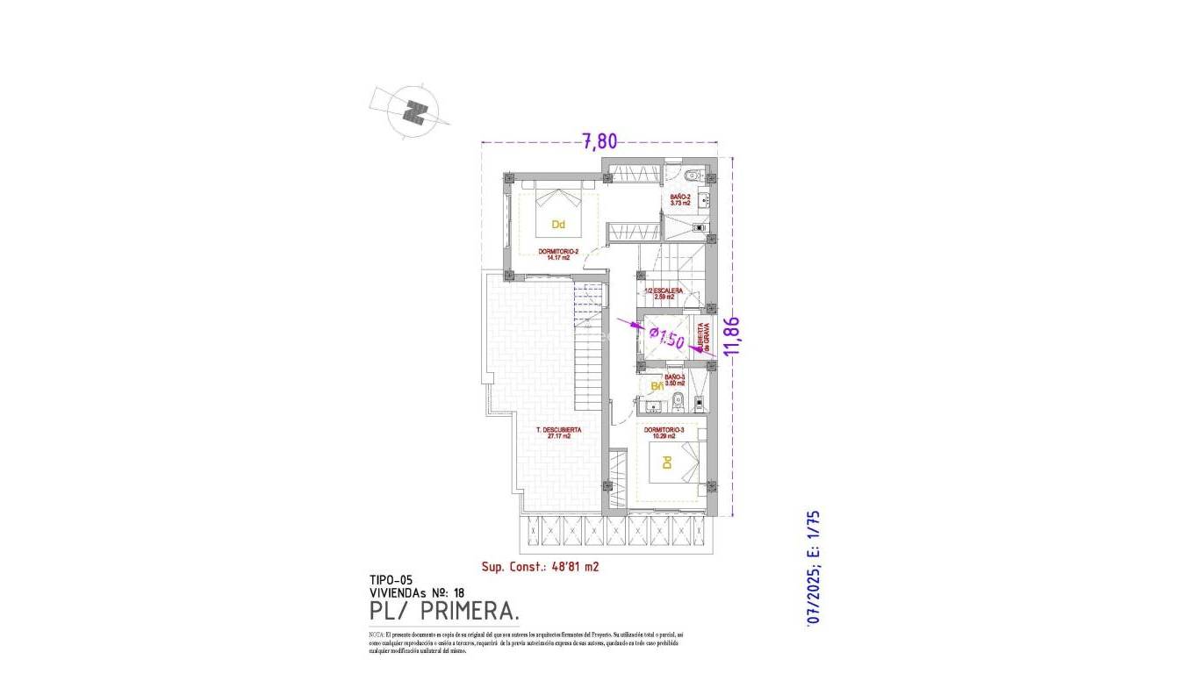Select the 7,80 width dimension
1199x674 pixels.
pos(599,140)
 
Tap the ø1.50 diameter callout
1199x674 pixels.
pos(666,337)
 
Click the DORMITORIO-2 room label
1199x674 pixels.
pos(558,255)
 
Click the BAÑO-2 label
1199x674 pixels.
pos(680,200)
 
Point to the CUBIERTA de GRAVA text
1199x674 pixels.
pos(703,335)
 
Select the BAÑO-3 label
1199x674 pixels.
pos(674,380)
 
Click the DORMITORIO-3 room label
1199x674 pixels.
pos(664,433)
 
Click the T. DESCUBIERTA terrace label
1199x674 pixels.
pos(559,433)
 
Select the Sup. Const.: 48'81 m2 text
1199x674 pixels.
pos(540,567)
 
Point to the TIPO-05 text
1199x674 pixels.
pos(391,580)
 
